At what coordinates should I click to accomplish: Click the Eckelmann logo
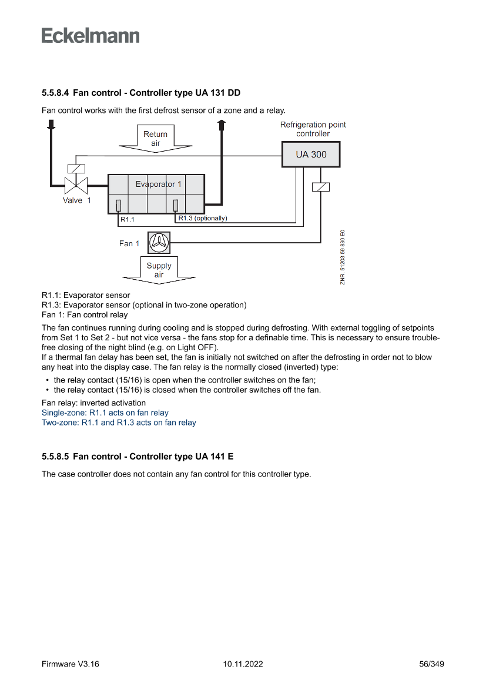[x=91, y=35]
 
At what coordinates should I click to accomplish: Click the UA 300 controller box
[x=311, y=155]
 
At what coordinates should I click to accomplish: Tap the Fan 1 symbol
[x=159, y=242]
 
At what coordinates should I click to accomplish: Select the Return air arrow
[x=155, y=139]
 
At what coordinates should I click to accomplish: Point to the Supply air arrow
[x=159, y=270]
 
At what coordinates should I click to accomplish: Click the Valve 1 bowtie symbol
[x=76, y=186]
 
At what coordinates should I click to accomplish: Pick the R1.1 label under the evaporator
[x=128, y=220]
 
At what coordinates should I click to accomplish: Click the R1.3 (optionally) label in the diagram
[x=202, y=219]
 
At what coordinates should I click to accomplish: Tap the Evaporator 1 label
[x=159, y=184]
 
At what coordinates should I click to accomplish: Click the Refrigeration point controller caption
[x=313, y=129]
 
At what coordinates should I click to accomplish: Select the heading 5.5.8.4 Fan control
[x=141, y=93]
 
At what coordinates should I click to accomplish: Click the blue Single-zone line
[x=105, y=413]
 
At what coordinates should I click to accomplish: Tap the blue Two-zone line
[x=119, y=423]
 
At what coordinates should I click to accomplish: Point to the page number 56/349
[x=431, y=664]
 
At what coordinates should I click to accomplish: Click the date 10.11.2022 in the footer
[x=243, y=664]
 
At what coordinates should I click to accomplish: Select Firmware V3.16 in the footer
[x=71, y=664]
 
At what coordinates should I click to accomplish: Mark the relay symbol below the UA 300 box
[x=320, y=187]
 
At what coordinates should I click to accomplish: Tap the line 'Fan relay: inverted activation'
[x=93, y=403]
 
